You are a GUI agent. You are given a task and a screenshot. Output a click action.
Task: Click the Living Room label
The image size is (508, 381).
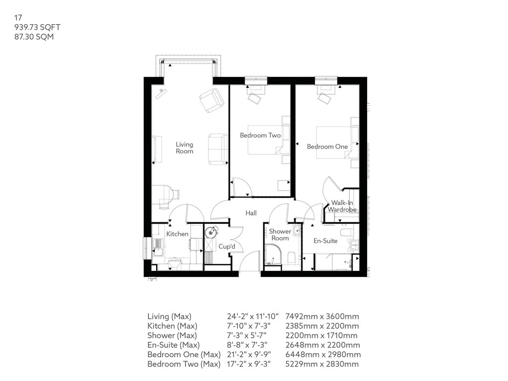coord(185,148)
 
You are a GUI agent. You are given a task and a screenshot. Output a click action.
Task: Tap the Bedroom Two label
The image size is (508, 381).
coord(260,135)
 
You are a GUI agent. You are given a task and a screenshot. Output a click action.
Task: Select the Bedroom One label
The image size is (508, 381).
coord(327,146)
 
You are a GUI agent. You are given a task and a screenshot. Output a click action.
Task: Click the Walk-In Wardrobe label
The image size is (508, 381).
coord(342,206)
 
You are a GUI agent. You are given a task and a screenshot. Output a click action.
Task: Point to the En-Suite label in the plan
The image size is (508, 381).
coord(325,241)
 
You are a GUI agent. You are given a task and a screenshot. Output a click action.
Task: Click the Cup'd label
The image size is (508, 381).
coord(227,246)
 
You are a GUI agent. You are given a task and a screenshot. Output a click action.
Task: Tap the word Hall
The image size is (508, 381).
coord(251,213)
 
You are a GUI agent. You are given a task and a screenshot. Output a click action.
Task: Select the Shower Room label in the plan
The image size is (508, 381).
coord(280,235)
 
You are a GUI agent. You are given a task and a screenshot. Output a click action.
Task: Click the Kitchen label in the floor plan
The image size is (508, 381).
coord(177,234)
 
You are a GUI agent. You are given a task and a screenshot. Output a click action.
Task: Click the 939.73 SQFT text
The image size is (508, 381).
coord(37,27)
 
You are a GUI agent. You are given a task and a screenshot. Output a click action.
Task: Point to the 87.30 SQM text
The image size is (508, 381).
coord(34,37)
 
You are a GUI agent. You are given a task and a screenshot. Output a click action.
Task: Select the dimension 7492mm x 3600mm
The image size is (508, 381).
coord(322,317)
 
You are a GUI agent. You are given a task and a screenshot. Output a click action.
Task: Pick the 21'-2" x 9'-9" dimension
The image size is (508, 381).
coord(249,354)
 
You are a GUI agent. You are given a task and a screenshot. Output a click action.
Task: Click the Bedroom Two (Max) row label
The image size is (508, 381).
coord(184,364)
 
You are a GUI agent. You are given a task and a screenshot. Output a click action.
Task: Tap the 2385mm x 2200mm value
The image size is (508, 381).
coord(322,326)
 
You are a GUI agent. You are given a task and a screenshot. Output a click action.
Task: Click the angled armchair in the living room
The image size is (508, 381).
coord(212,100)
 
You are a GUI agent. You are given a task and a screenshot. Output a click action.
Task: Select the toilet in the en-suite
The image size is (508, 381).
coord(346,232)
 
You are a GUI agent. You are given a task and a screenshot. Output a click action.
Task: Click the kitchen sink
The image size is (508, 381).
coord(158,247)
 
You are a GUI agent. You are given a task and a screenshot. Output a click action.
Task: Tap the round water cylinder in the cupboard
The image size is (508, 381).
coord(211,232)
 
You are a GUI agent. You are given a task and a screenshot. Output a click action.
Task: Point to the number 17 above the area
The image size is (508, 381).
coord(18,17)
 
